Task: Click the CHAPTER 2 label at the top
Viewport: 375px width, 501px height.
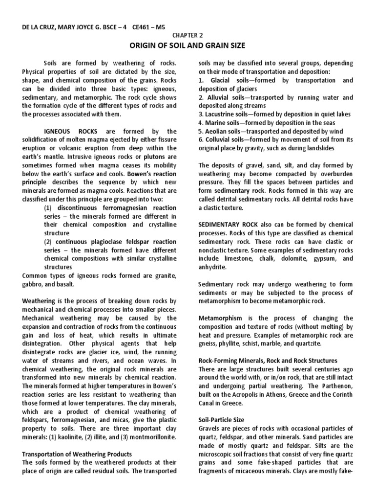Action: (x=187, y=35)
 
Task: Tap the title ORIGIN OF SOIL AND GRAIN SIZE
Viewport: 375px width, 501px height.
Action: (x=187, y=46)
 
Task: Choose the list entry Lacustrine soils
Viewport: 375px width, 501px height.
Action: (x=225, y=114)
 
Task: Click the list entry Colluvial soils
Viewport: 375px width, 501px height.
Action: (x=224, y=139)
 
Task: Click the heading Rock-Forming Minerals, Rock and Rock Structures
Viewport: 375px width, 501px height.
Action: (x=268, y=360)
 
